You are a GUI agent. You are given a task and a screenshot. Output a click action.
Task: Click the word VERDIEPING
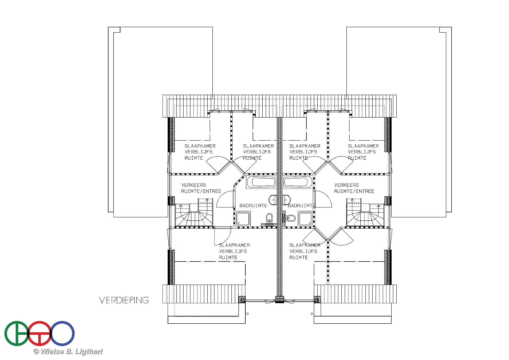click(x=124, y=300)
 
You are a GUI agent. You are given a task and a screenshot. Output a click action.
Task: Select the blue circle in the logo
click(x=62, y=334)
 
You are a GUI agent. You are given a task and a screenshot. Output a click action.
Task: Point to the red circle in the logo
click(x=40, y=334)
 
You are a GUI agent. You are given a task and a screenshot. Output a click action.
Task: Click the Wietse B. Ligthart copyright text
click(x=68, y=352)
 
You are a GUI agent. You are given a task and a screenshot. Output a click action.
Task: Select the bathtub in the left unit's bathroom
click(x=261, y=182)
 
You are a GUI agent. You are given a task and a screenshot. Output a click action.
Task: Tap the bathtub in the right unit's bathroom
click(x=297, y=182)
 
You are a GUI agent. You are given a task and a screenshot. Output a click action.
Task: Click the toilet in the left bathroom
click(x=269, y=218)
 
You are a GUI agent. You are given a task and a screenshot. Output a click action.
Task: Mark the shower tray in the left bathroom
click(x=243, y=218)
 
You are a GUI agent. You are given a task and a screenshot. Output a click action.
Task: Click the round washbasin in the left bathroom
click(x=272, y=200)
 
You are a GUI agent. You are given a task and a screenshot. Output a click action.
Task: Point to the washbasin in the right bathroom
click(x=286, y=200)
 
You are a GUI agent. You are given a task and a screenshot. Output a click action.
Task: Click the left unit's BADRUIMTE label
click(x=253, y=205)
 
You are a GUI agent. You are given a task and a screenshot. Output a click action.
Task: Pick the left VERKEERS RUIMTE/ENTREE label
click(x=201, y=188)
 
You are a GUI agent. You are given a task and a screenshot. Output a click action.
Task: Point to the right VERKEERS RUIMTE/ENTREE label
click(x=354, y=188)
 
